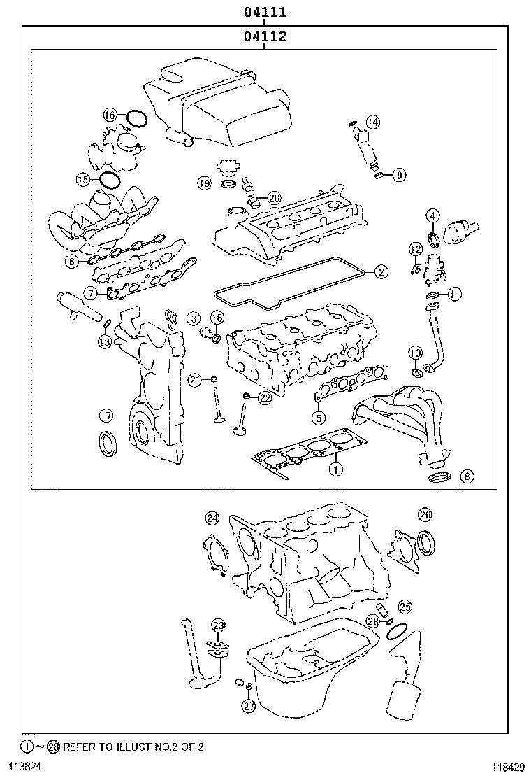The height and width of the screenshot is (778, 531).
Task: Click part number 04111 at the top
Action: pyautogui.click(x=265, y=12)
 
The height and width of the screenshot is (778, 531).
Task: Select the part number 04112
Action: pyautogui.click(x=265, y=36)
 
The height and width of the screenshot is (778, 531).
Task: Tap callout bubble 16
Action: pyautogui.click(x=110, y=115)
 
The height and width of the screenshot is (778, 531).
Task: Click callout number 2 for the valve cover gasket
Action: pyautogui.click(x=381, y=271)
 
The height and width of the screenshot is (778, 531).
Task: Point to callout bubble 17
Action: pyautogui.click(x=106, y=416)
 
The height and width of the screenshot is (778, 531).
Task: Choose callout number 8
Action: pyautogui.click(x=467, y=476)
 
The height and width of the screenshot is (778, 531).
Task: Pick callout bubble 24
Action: pyautogui.click(x=212, y=518)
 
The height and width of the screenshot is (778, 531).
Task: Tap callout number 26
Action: pyautogui.click(x=425, y=514)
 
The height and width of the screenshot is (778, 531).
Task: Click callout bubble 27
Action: pyautogui.click(x=249, y=706)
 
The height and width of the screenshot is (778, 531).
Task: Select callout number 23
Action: pyautogui.click(x=219, y=625)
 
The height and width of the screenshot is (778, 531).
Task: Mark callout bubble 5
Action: pyautogui.click(x=319, y=417)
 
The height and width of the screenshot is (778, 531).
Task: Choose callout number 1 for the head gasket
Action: pyautogui.click(x=335, y=468)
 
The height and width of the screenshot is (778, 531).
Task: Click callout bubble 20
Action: pyautogui.click(x=274, y=198)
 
